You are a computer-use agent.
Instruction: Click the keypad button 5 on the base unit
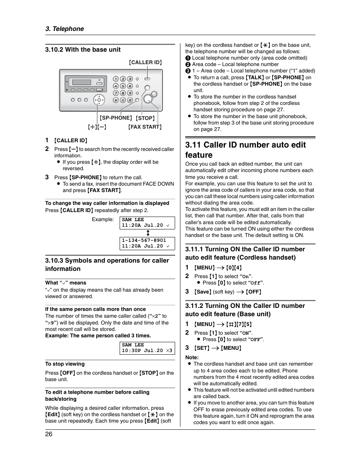click(123, 86)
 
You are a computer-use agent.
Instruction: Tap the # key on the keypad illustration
click(130, 100)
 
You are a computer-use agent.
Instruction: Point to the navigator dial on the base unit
click(99, 100)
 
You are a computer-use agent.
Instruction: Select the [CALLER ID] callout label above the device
click(145, 62)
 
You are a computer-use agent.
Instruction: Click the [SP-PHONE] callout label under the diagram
click(116, 118)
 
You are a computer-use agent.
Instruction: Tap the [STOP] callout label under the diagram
click(145, 118)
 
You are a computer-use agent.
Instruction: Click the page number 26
click(49, 434)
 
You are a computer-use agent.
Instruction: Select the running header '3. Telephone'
click(65, 29)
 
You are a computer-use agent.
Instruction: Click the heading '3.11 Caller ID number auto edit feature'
click(245, 150)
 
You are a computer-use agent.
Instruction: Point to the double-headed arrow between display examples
click(148, 233)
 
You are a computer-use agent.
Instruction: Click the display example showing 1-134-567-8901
click(147, 243)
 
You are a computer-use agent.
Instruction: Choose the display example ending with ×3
click(147, 348)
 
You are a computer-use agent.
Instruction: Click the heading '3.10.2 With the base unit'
click(83, 49)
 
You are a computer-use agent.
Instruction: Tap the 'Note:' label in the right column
click(192, 357)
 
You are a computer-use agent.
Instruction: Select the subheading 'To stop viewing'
click(65, 364)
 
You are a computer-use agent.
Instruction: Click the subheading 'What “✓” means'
click(66, 283)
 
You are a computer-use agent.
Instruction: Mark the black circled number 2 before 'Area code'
click(188, 65)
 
